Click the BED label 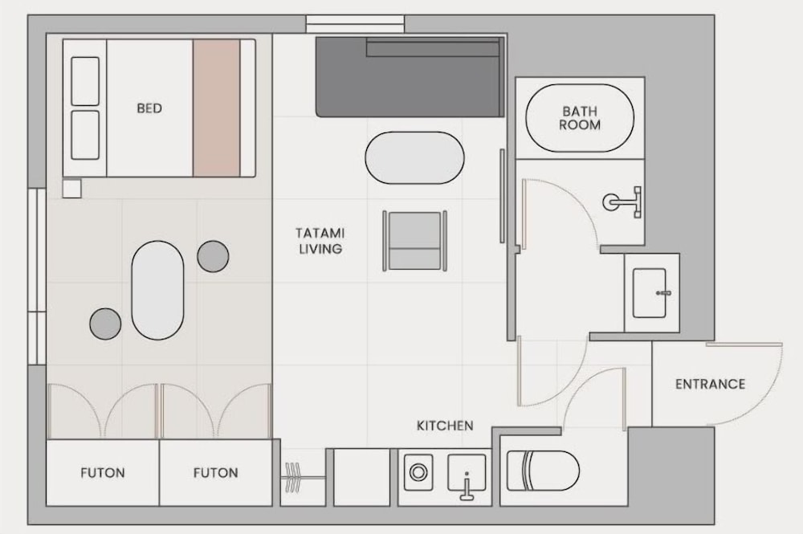point(149,108)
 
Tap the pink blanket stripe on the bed point(216,108)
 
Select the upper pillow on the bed point(85,81)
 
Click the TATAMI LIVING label point(320,241)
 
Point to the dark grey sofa point(410,77)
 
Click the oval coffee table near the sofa point(415,157)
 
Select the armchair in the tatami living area point(415,240)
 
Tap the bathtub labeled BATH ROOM point(580,118)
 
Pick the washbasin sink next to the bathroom point(650,293)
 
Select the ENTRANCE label point(710,384)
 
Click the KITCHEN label point(445,426)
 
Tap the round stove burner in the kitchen point(418,472)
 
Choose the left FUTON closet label point(103,472)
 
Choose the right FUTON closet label point(215,472)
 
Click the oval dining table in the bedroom point(157,290)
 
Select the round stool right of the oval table point(213,256)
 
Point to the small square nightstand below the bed point(71,189)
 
